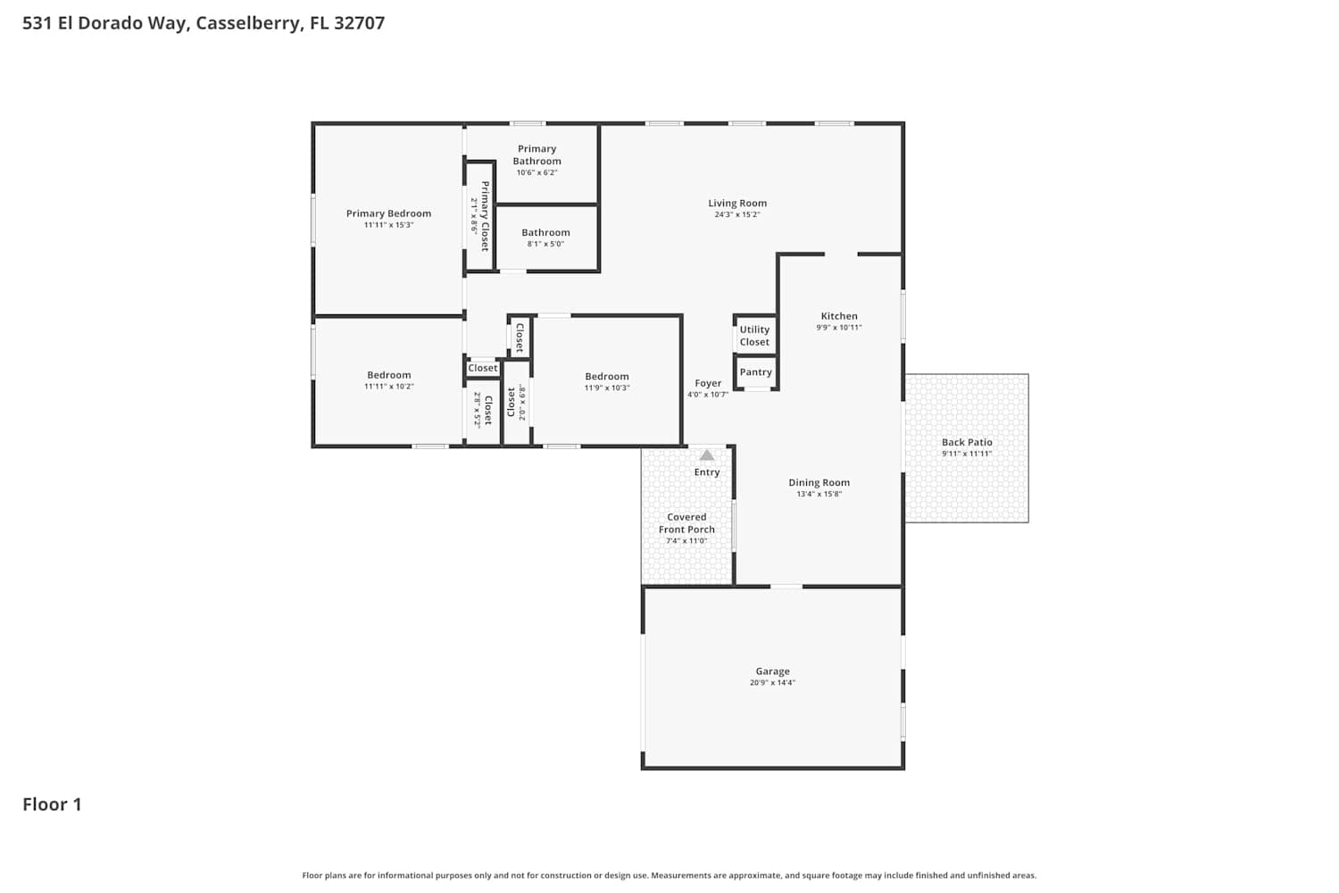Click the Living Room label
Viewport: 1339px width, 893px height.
click(737, 204)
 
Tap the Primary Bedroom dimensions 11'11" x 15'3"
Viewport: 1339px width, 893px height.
click(388, 225)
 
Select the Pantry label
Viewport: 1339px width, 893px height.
click(755, 372)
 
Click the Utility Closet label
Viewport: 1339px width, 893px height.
click(754, 336)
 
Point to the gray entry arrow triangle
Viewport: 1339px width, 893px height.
click(707, 455)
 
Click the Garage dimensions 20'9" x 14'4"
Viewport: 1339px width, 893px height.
click(772, 682)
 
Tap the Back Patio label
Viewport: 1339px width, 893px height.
click(967, 442)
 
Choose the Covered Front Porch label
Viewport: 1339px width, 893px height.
click(686, 523)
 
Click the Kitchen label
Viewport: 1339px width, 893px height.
click(839, 316)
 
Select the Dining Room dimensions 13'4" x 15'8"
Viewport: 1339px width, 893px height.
click(819, 494)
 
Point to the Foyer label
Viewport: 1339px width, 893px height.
click(708, 383)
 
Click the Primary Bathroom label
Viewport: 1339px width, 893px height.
click(536, 154)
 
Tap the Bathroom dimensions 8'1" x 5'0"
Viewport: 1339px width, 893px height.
click(545, 244)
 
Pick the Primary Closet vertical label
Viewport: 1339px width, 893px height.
click(485, 216)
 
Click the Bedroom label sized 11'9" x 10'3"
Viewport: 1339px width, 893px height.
click(607, 376)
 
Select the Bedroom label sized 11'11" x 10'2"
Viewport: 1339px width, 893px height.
click(388, 375)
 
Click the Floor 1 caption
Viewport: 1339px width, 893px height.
click(52, 805)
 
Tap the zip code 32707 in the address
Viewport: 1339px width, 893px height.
click(359, 22)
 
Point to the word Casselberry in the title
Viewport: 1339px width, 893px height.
click(248, 23)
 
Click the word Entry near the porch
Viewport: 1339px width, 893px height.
click(707, 472)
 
